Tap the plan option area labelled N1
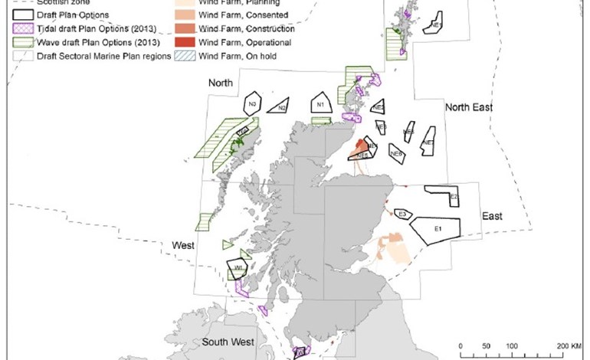tap(321, 104)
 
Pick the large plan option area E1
tap(435, 228)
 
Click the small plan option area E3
tap(402, 213)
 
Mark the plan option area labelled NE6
tap(409, 132)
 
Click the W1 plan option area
tap(238, 268)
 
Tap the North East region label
tap(469, 108)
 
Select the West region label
tap(182, 244)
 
